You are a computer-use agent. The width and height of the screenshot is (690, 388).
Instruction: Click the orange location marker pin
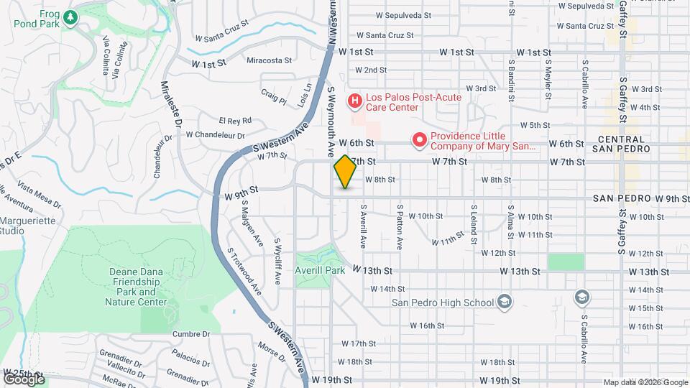(345, 172)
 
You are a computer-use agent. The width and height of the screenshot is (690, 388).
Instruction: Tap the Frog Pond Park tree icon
(70, 17)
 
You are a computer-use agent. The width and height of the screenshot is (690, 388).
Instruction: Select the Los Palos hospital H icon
(354, 102)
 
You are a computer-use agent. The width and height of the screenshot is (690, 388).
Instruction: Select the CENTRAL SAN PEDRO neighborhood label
(624, 144)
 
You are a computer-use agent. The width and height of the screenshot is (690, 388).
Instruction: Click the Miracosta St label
(270, 61)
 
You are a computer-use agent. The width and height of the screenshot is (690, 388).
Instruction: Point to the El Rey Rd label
(235, 121)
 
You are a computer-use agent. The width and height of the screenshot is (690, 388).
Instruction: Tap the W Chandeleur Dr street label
(215, 134)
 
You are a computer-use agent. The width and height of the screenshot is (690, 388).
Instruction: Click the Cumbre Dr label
(191, 334)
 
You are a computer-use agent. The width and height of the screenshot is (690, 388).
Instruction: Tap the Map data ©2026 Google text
(645, 382)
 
